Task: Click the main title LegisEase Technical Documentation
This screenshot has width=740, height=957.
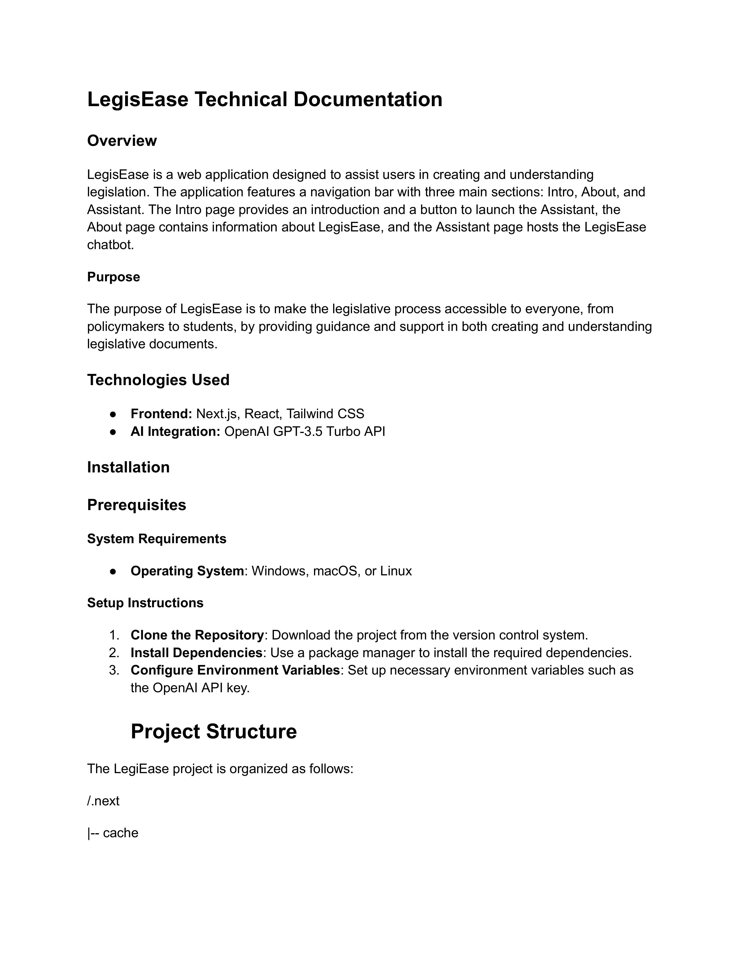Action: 264,99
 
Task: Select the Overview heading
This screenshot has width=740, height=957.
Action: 122,141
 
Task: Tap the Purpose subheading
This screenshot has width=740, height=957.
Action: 113,277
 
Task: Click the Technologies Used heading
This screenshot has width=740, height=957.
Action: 158,380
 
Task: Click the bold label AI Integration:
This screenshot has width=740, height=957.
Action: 175,432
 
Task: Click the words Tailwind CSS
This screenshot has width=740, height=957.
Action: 325,414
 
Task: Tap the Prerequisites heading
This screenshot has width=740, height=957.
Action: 137,505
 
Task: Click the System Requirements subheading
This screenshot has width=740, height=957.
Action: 156,539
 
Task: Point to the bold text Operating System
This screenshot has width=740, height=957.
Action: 187,571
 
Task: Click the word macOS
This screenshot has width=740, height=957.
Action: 335,571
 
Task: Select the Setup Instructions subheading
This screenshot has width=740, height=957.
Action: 145,603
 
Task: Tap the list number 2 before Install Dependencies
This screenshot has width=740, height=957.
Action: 113,653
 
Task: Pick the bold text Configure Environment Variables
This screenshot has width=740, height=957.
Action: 235,670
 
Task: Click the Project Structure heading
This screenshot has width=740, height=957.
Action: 214,732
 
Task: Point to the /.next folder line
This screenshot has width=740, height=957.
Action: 104,801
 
